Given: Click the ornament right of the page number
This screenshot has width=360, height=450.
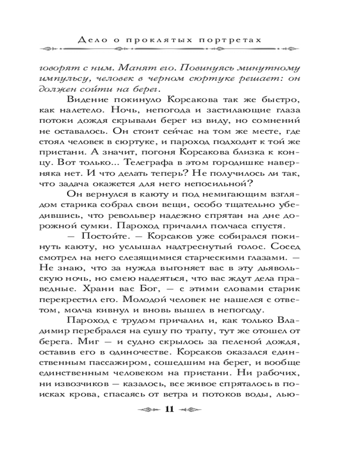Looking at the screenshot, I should pyautogui.click(x=191, y=409).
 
